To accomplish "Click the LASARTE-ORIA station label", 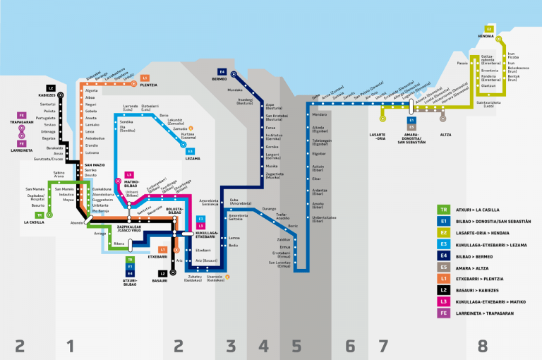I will [378, 135].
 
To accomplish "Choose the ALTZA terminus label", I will [445, 133].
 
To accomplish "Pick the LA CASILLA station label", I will [34, 222].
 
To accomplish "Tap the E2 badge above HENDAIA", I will [489, 29].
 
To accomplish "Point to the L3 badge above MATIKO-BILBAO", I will [128, 174].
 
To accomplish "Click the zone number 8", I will [483, 346].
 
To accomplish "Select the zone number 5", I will [296, 346].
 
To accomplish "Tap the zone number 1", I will [70, 346].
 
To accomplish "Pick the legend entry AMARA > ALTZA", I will [475, 267].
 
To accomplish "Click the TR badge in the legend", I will [444, 209].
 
